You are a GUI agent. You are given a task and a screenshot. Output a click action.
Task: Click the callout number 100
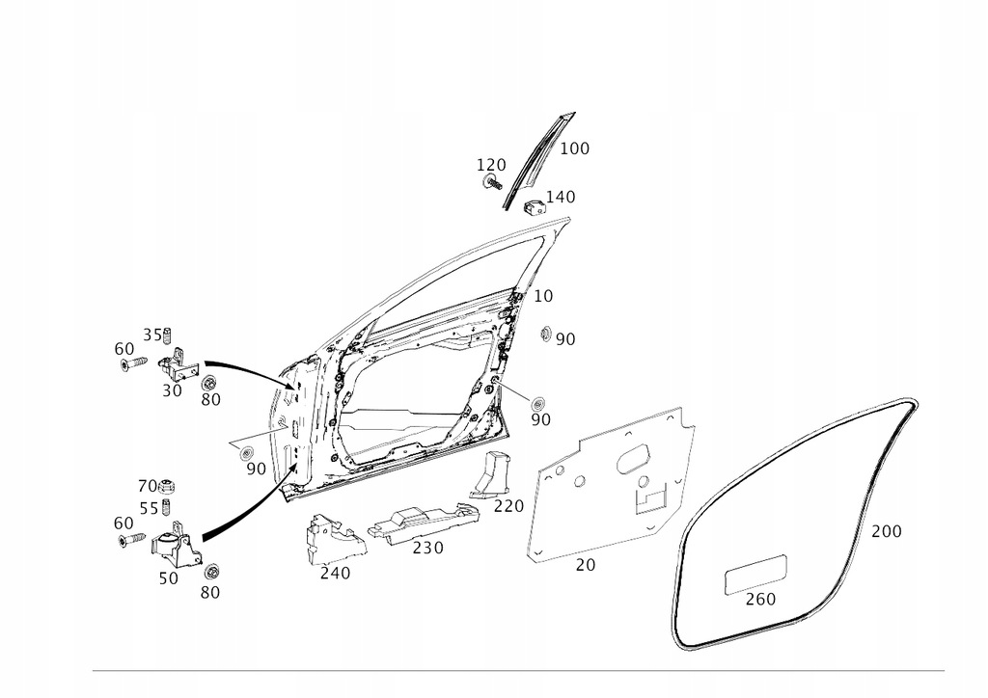tap(574, 148)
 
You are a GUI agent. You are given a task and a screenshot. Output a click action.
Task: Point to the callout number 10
tap(543, 296)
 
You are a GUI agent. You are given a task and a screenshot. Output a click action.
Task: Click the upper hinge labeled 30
tap(179, 365)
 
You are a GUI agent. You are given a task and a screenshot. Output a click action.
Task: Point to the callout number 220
tap(508, 506)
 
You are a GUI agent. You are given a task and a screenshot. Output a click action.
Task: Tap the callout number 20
tap(586, 566)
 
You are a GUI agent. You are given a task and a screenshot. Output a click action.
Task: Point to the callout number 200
tap(887, 531)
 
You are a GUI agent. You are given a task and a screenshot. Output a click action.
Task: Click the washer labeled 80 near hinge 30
tap(208, 383)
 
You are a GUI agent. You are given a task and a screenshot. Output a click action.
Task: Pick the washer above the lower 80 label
tap(211, 570)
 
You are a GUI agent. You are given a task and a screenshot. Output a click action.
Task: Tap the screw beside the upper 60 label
tap(132, 363)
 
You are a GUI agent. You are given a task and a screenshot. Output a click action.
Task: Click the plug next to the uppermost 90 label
tap(545, 335)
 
